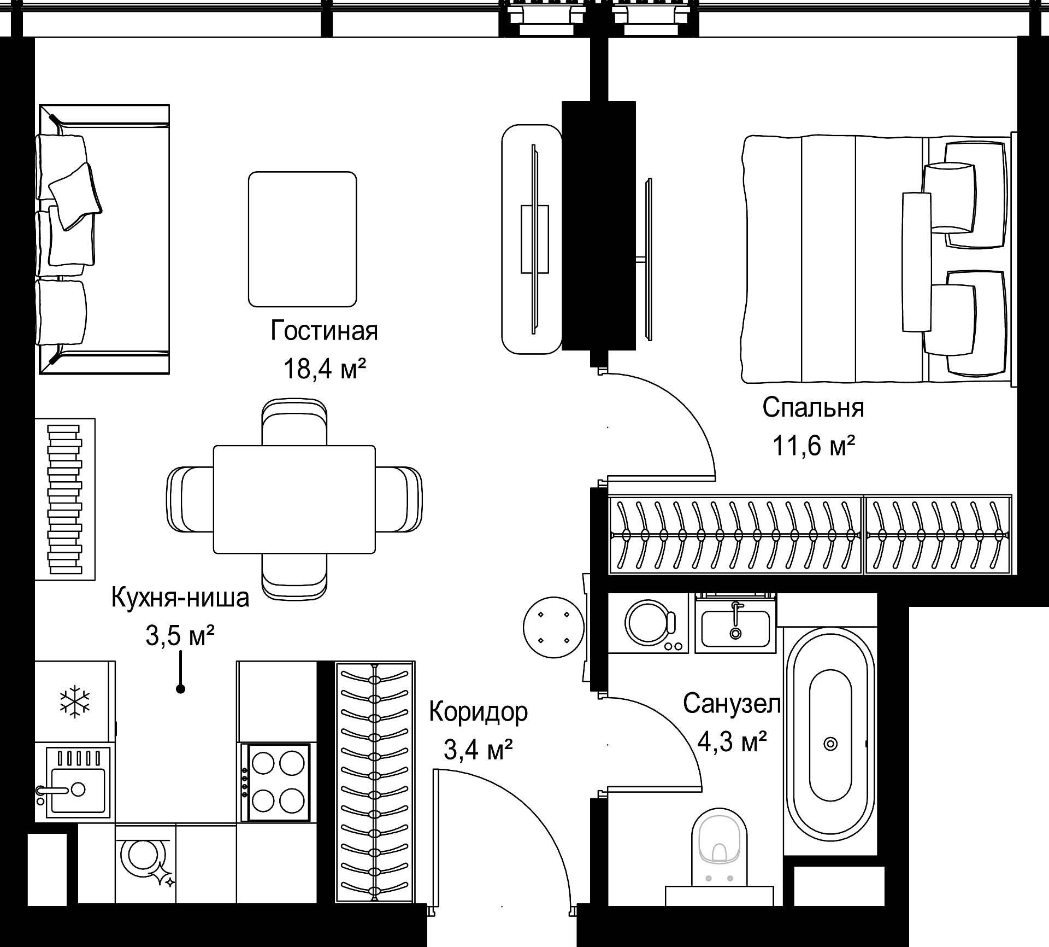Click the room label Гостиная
pyautogui.click(x=324, y=331)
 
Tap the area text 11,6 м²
pyautogui.click(x=813, y=446)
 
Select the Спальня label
pyautogui.click(x=813, y=407)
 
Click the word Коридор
pyautogui.click(x=479, y=712)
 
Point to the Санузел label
pyautogui.click(x=732, y=704)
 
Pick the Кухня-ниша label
pyautogui.click(x=180, y=598)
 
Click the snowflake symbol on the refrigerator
pyautogui.click(x=75, y=702)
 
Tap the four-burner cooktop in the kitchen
pyautogui.click(x=278, y=782)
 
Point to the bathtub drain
pyautogui.click(x=830, y=744)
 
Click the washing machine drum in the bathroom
pyautogui.click(x=649, y=622)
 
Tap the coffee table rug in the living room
pyautogui.click(x=303, y=239)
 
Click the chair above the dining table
pyautogui.click(x=294, y=422)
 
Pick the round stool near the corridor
pyautogui.click(x=554, y=627)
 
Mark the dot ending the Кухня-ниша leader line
pyautogui.click(x=180, y=689)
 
